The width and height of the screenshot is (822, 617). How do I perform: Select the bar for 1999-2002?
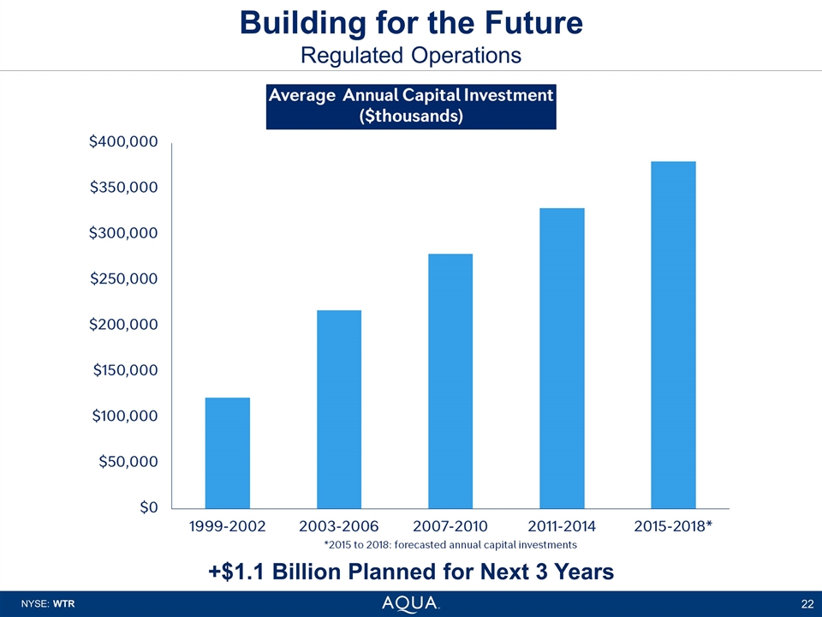(227, 452)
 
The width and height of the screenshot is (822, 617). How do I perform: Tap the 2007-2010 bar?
(450, 380)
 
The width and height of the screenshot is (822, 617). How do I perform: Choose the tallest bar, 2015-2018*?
(673, 334)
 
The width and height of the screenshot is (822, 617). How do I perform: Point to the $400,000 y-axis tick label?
(123, 142)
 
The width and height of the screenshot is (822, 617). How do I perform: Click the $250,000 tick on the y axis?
(123, 279)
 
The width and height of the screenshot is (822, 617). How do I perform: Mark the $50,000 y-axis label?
(127, 462)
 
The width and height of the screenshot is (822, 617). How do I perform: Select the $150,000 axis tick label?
(123, 370)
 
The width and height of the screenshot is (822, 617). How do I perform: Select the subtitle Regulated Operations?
(411, 55)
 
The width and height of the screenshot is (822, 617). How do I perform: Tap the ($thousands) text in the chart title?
(410, 117)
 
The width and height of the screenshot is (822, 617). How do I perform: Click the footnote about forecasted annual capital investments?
(450, 544)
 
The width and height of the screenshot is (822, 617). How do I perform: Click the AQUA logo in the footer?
(410, 603)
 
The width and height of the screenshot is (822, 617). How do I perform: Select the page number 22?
(807, 604)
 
